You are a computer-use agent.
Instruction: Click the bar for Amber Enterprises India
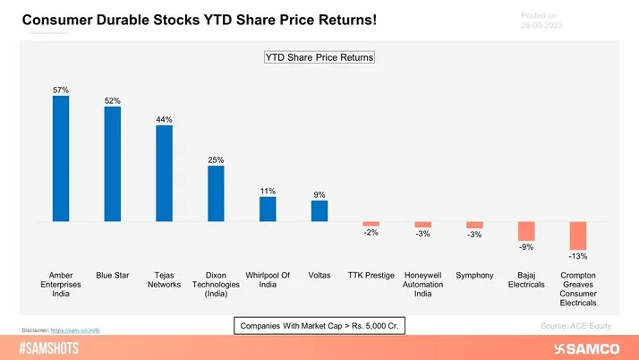click(x=61, y=159)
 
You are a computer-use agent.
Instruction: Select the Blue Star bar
click(x=113, y=164)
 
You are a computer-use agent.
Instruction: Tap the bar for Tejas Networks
click(x=165, y=173)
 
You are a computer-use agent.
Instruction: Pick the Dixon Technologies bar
click(x=216, y=193)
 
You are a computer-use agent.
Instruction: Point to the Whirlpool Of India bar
click(x=268, y=209)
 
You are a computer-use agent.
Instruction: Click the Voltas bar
click(x=319, y=210)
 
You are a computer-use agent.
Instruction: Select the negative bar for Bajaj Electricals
click(x=526, y=230)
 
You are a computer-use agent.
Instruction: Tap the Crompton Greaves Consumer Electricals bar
click(x=578, y=236)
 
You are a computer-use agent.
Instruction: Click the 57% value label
click(x=61, y=90)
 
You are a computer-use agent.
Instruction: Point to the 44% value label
click(x=165, y=119)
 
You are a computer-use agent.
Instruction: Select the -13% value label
click(x=578, y=257)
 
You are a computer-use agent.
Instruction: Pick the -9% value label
click(x=526, y=247)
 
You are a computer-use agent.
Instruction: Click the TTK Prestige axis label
click(x=371, y=275)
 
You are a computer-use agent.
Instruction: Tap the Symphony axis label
click(x=474, y=275)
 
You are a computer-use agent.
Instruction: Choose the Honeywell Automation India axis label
click(x=423, y=284)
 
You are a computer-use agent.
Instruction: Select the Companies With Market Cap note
click(x=319, y=326)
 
